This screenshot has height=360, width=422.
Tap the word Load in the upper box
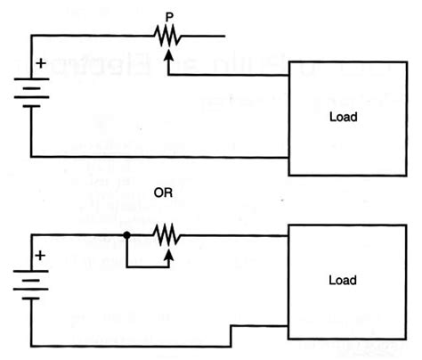343,118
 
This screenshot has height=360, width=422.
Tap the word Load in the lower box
343,281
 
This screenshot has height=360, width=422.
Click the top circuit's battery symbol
32,94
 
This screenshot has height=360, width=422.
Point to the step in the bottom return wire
231,335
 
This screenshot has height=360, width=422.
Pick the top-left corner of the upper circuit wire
32,36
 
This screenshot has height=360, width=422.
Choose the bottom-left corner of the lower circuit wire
32,345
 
